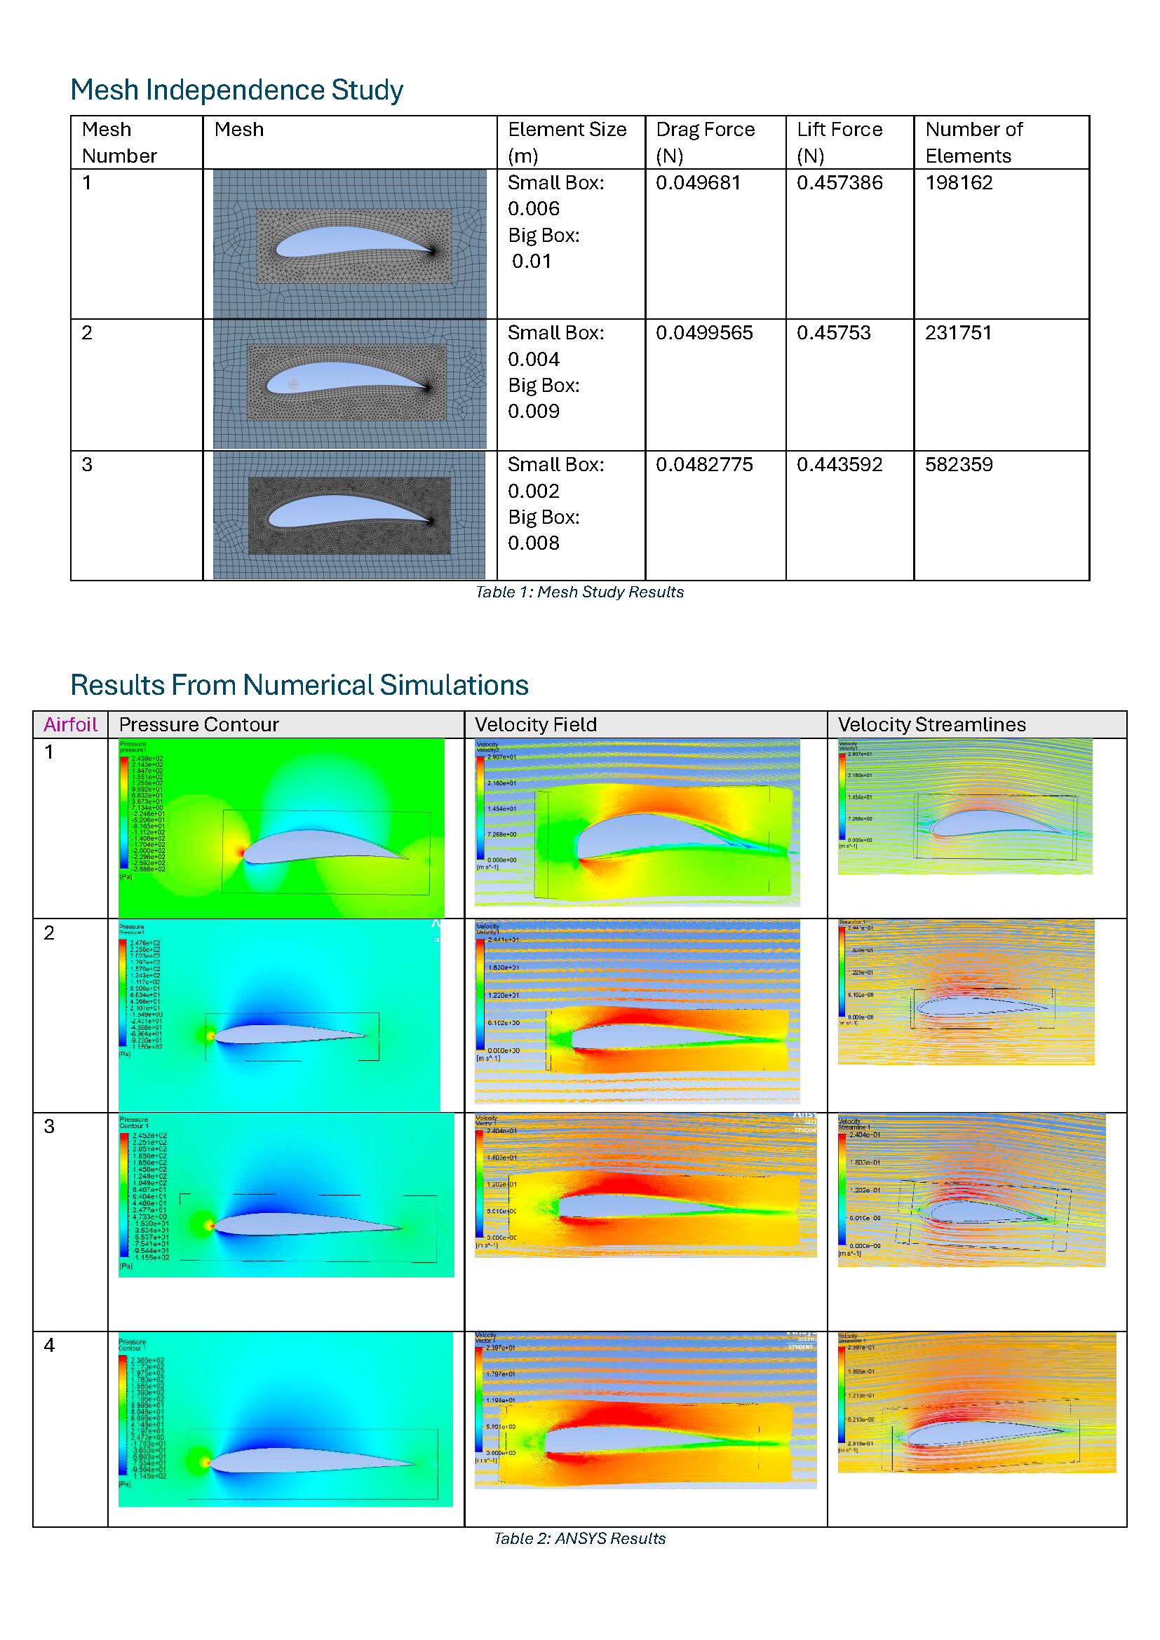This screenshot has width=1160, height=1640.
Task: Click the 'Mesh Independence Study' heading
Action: [x=236, y=90]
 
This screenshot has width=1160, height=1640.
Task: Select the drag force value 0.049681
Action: [x=698, y=183]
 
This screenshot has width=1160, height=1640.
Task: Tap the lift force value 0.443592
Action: [x=839, y=465]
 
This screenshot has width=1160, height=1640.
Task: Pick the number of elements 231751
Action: [x=958, y=333]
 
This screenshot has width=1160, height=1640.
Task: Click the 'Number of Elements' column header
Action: [x=973, y=142]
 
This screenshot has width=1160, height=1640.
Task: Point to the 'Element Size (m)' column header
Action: [x=567, y=142]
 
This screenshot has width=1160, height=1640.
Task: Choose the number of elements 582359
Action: [x=959, y=465]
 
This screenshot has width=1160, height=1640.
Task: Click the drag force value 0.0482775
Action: [x=704, y=465]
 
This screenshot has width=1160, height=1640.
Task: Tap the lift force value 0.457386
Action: [x=839, y=183]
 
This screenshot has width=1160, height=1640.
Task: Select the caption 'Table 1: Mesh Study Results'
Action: [x=579, y=592]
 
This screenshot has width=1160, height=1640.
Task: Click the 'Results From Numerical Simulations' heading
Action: [x=299, y=685]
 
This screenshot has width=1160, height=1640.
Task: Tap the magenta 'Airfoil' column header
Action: [x=70, y=725]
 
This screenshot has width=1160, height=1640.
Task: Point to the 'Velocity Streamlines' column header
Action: [x=931, y=725]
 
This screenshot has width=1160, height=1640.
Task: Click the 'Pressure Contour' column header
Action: [x=198, y=725]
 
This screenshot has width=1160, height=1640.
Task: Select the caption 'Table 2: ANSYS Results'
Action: [x=579, y=1538]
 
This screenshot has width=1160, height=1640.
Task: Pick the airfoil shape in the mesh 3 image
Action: [x=336, y=510]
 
